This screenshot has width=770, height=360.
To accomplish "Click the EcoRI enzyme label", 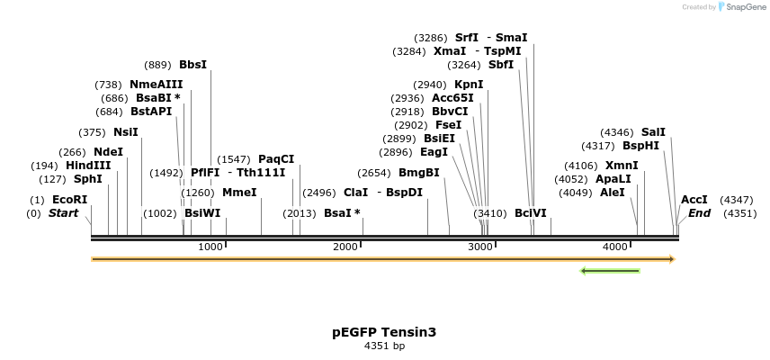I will (x=70, y=200).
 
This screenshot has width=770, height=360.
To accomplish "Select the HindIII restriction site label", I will (x=88, y=166).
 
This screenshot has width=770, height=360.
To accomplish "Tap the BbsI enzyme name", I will (x=192, y=65).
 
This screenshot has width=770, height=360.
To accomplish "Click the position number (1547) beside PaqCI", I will (x=234, y=159).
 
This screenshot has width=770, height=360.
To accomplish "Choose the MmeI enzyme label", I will (x=239, y=193).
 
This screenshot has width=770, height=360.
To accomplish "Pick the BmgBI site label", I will (x=418, y=173).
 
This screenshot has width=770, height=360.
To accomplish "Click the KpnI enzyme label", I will (x=469, y=85).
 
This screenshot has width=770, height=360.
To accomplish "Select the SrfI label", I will (x=467, y=38).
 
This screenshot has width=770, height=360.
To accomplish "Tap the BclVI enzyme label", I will (x=530, y=213).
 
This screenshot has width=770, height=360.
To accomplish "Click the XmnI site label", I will (x=622, y=166).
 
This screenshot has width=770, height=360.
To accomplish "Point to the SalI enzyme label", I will (x=653, y=132).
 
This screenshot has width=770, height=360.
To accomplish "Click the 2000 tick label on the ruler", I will (x=345, y=247).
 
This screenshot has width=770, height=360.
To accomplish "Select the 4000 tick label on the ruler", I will (x=615, y=247).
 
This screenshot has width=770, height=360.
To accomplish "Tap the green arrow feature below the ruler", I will (x=610, y=270).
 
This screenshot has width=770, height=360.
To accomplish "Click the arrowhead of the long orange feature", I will (x=670, y=259).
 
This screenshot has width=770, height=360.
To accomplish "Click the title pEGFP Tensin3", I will (x=384, y=332).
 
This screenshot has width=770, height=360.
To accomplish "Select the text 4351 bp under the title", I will (x=384, y=346).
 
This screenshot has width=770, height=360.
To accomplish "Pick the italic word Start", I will (x=63, y=213).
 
